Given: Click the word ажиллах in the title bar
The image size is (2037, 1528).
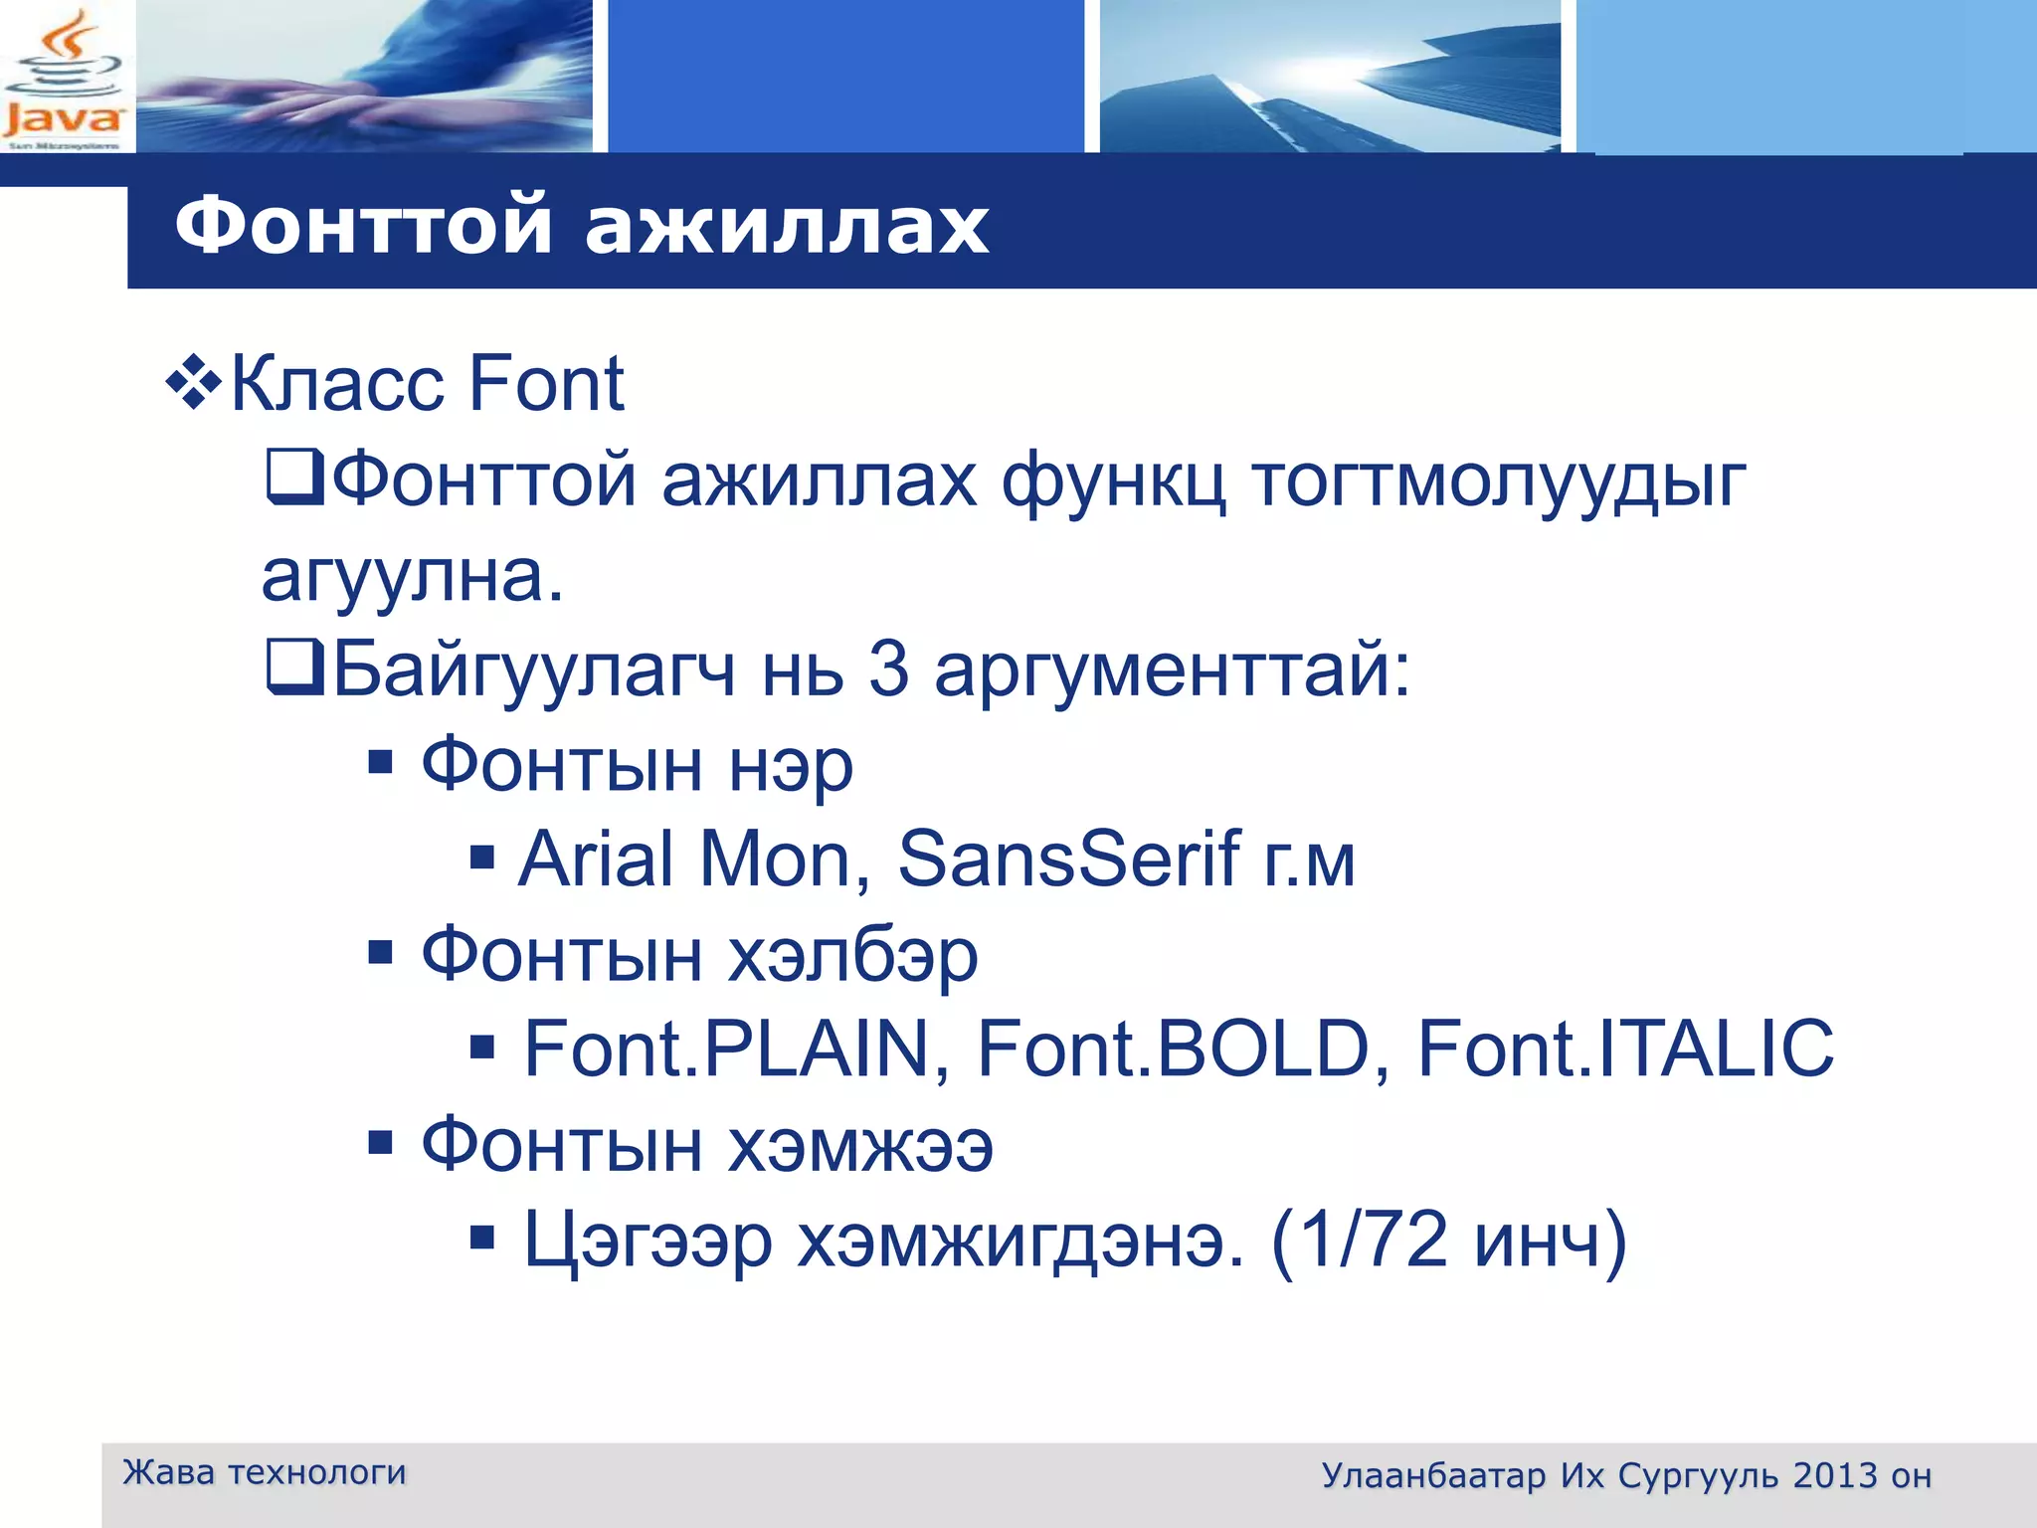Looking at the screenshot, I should (786, 226).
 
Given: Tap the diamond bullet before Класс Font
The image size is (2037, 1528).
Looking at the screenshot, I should (193, 384).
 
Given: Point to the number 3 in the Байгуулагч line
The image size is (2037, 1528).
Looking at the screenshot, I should (888, 668).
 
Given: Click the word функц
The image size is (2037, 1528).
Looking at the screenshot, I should (1113, 481).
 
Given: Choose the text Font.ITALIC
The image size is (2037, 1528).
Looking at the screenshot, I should (1625, 1049).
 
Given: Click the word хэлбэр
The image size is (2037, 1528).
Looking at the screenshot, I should (853, 955).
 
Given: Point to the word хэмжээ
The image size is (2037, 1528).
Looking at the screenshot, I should (860, 1146).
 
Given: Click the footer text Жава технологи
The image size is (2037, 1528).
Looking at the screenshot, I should (265, 1471).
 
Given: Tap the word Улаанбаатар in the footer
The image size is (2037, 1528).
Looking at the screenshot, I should (1433, 1475).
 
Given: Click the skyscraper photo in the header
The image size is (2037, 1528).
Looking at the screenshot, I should (1330, 77).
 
